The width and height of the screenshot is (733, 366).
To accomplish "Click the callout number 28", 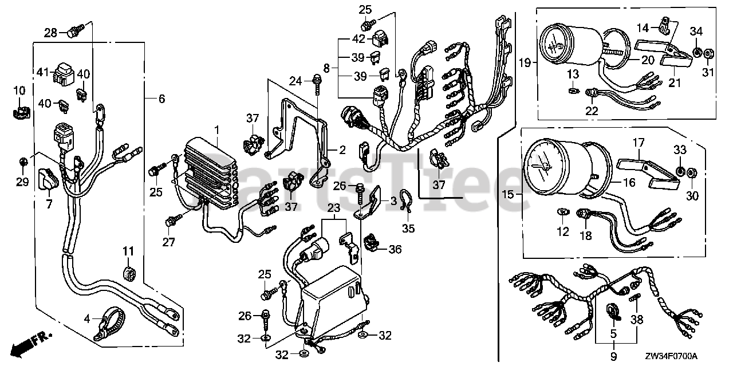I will [52, 33].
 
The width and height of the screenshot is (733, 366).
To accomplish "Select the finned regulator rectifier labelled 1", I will [210, 172].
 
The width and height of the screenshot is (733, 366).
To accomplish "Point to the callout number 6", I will [161, 99].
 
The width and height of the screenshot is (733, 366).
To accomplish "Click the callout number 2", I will [342, 151].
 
